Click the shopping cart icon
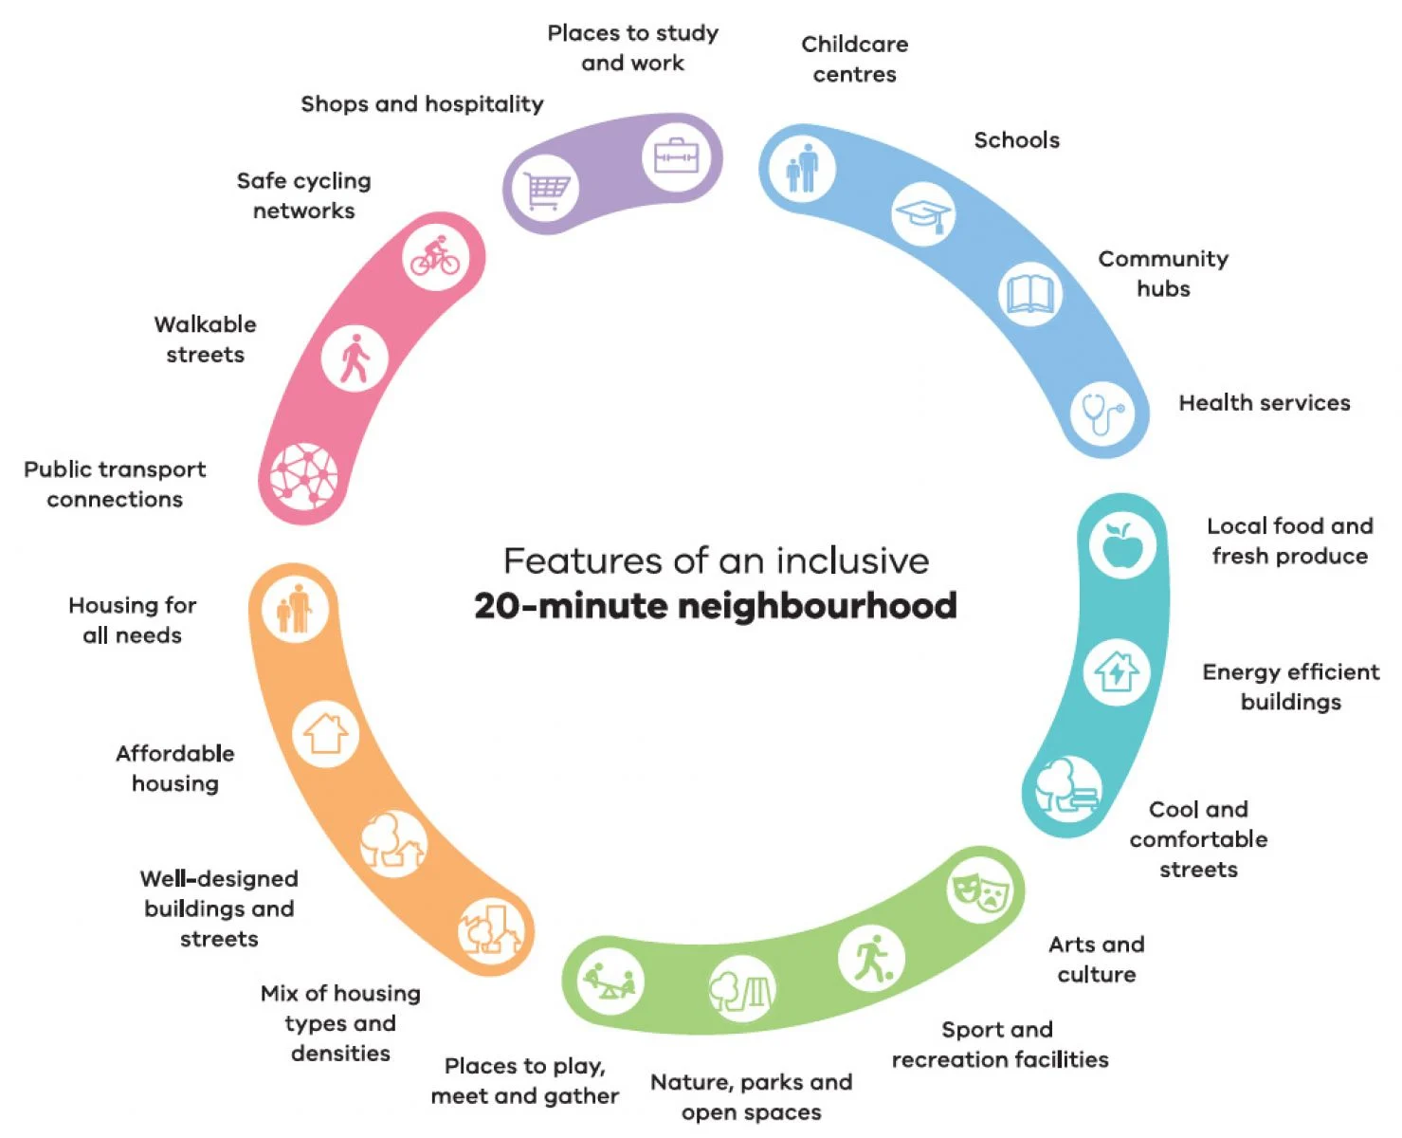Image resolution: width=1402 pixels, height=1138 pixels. point(546,191)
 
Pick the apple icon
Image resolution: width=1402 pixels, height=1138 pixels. point(1123,544)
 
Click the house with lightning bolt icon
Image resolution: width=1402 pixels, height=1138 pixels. point(1117,672)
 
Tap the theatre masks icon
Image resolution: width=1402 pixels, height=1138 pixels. point(981,891)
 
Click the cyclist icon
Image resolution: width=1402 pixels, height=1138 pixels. point(435,256)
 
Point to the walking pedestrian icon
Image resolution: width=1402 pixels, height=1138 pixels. point(355,358)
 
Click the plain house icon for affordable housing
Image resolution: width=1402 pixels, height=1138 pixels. point(325,734)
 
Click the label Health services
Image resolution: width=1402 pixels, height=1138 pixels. point(1265,402)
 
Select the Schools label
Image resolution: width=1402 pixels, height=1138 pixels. point(1017,139)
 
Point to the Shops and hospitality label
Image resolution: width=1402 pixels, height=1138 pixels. point(422,104)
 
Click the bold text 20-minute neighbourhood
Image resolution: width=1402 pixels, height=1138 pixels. point(716,606)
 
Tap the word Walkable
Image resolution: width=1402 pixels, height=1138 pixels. point(206,324)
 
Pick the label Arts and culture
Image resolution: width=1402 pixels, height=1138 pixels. point(1097,959)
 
